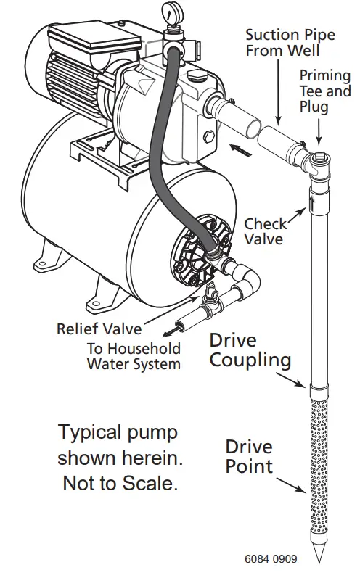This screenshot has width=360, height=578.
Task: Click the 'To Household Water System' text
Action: pos(134,355)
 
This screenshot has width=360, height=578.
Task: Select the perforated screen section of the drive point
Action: pos(318,464)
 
